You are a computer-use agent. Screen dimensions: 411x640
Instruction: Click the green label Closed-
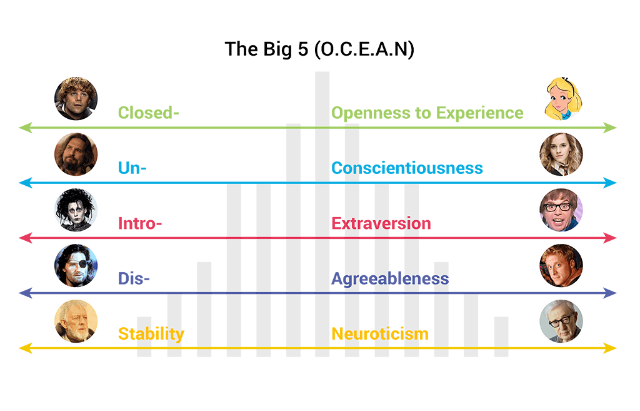click(x=149, y=113)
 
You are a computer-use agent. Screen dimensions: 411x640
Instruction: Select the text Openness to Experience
click(x=427, y=113)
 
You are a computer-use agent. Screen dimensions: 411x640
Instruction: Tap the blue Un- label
click(x=132, y=168)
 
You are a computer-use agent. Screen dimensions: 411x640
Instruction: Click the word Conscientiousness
click(x=407, y=168)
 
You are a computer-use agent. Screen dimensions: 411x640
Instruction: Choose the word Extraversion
click(x=381, y=223)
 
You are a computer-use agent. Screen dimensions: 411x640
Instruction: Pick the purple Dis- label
click(x=134, y=278)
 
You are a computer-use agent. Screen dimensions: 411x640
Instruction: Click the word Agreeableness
click(x=390, y=278)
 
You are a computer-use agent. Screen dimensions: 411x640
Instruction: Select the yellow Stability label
click(x=151, y=333)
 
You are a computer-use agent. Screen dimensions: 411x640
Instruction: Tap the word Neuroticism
click(x=379, y=333)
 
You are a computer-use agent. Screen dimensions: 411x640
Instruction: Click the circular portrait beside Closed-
click(x=76, y=99)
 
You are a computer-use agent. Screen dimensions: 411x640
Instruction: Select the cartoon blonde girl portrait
click(x=561, y=99)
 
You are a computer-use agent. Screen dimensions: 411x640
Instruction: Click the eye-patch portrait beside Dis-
click(x=76, y=265)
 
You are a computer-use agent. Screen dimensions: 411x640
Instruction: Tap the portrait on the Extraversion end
click(x=561, y=210)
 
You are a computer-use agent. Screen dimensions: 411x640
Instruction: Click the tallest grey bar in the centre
click(x=322, y=213)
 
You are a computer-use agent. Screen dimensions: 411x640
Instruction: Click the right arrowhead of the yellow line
click(x=612, y=348)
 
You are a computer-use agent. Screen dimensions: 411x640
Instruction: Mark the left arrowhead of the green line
click(x=24, y=128)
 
